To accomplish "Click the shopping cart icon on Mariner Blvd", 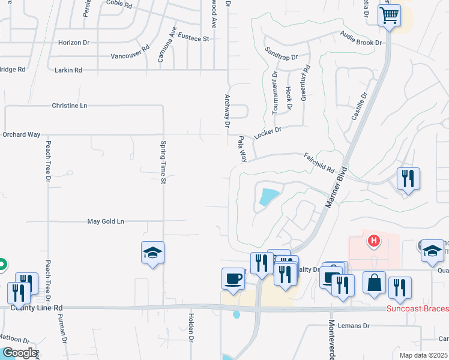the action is [x=389, y=14].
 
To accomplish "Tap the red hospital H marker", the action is [x=374, y=241].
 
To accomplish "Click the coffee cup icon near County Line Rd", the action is [x=233, y=278].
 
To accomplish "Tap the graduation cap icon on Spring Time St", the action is [x=153, y=253].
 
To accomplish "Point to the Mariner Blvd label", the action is [x=337, y=188].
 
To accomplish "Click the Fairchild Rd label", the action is [x=319, y=162].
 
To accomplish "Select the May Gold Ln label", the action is [x=106, y=221].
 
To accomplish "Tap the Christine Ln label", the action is [x=70, y=106].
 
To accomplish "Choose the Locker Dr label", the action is [x=268, y=132].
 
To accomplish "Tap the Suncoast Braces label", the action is [x=417, y=308].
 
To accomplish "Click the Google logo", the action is [x=19, y=353].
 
